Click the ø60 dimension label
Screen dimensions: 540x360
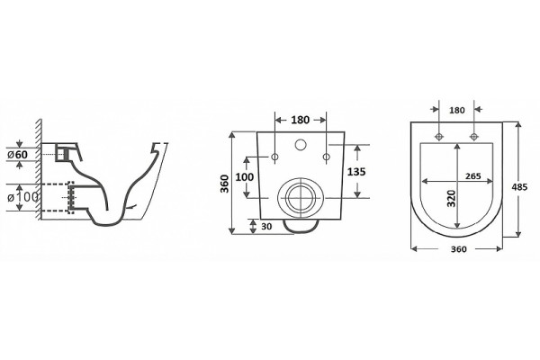18,155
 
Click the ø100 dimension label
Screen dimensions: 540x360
22,197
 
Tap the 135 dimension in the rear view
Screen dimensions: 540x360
356,171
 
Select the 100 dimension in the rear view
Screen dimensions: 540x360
244,177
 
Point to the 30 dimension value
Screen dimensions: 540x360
266,226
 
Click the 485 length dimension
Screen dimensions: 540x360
519,187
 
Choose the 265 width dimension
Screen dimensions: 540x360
473,176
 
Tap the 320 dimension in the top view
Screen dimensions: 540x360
451,198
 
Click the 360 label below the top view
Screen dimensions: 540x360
459,249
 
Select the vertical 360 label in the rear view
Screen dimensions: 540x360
224,184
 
